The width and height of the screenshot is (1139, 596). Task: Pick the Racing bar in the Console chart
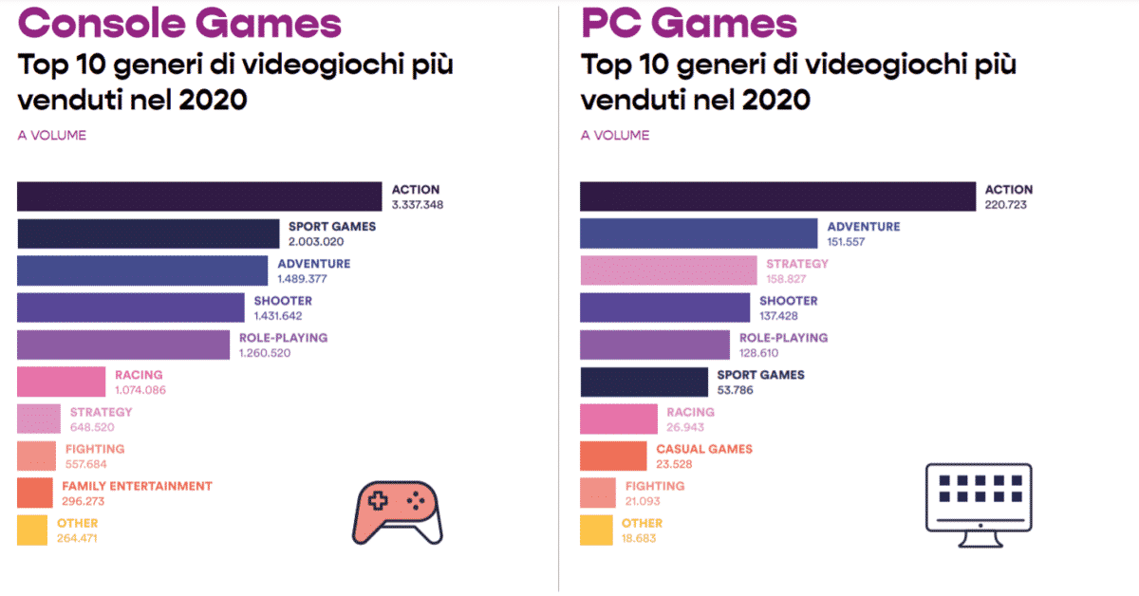pos(61,382)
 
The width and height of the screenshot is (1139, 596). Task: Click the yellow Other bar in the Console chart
pos(32,530)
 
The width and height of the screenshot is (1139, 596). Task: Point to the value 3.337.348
pos(418,205)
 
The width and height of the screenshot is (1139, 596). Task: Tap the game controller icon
pos(397,512)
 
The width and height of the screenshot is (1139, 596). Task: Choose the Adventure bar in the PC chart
pos(698,233)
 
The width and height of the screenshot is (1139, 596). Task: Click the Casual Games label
pos(704,449)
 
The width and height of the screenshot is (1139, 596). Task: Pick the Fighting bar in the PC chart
pos(596,493)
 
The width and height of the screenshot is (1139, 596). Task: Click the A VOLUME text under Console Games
pos(52,136)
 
